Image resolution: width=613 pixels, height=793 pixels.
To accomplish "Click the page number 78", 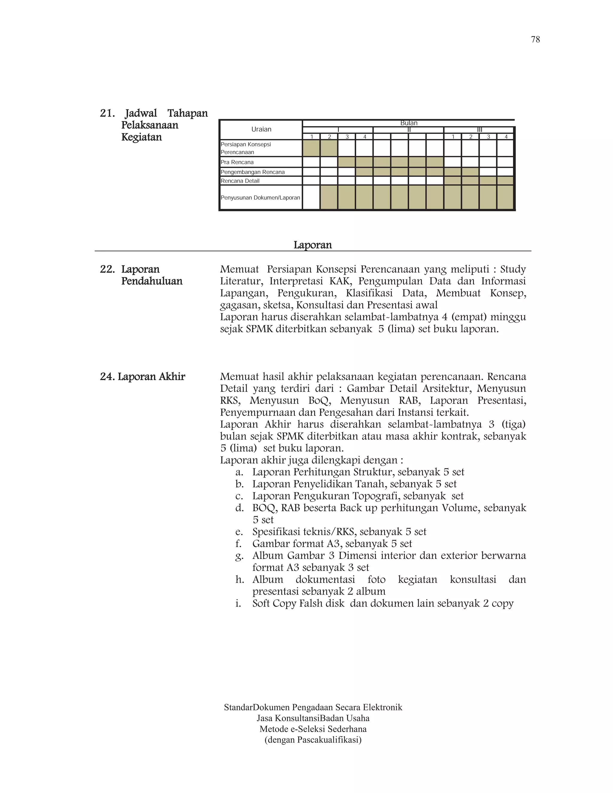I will pyautogui.click(x=535, y=40).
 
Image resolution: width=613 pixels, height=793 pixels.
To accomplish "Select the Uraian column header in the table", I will pyautogui.click(x=261, y=129).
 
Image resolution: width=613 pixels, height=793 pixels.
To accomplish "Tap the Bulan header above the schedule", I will pyautogui.click(x=409, y=123).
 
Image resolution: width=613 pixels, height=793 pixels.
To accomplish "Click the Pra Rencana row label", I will pyautogui.click(x=237, y=162).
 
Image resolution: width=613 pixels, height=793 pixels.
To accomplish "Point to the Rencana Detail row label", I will pyautogui.click(x=240, y=181).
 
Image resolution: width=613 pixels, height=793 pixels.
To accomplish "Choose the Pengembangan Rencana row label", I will pyautogui.click(x=253, y=172).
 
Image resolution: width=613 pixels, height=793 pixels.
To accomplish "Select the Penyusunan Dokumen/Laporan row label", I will pyautogui.click(x=260, y=198).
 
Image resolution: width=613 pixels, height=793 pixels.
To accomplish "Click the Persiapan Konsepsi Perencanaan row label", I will pyautogui.click(x=246, y=148).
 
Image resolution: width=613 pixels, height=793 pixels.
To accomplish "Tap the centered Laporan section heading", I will pyautogui.click(x=313, y=245).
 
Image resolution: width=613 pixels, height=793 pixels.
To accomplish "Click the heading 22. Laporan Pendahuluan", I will pyautogui.click(x=141, y=275).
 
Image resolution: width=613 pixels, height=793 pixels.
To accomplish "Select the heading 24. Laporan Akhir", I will pyautogui.click(x=142, y=377).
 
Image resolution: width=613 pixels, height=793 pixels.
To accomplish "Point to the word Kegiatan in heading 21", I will pyautogui.click(x=141, y=137).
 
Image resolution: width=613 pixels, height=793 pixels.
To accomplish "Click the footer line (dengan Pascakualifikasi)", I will pyautogui.click(x=313, y=740).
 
